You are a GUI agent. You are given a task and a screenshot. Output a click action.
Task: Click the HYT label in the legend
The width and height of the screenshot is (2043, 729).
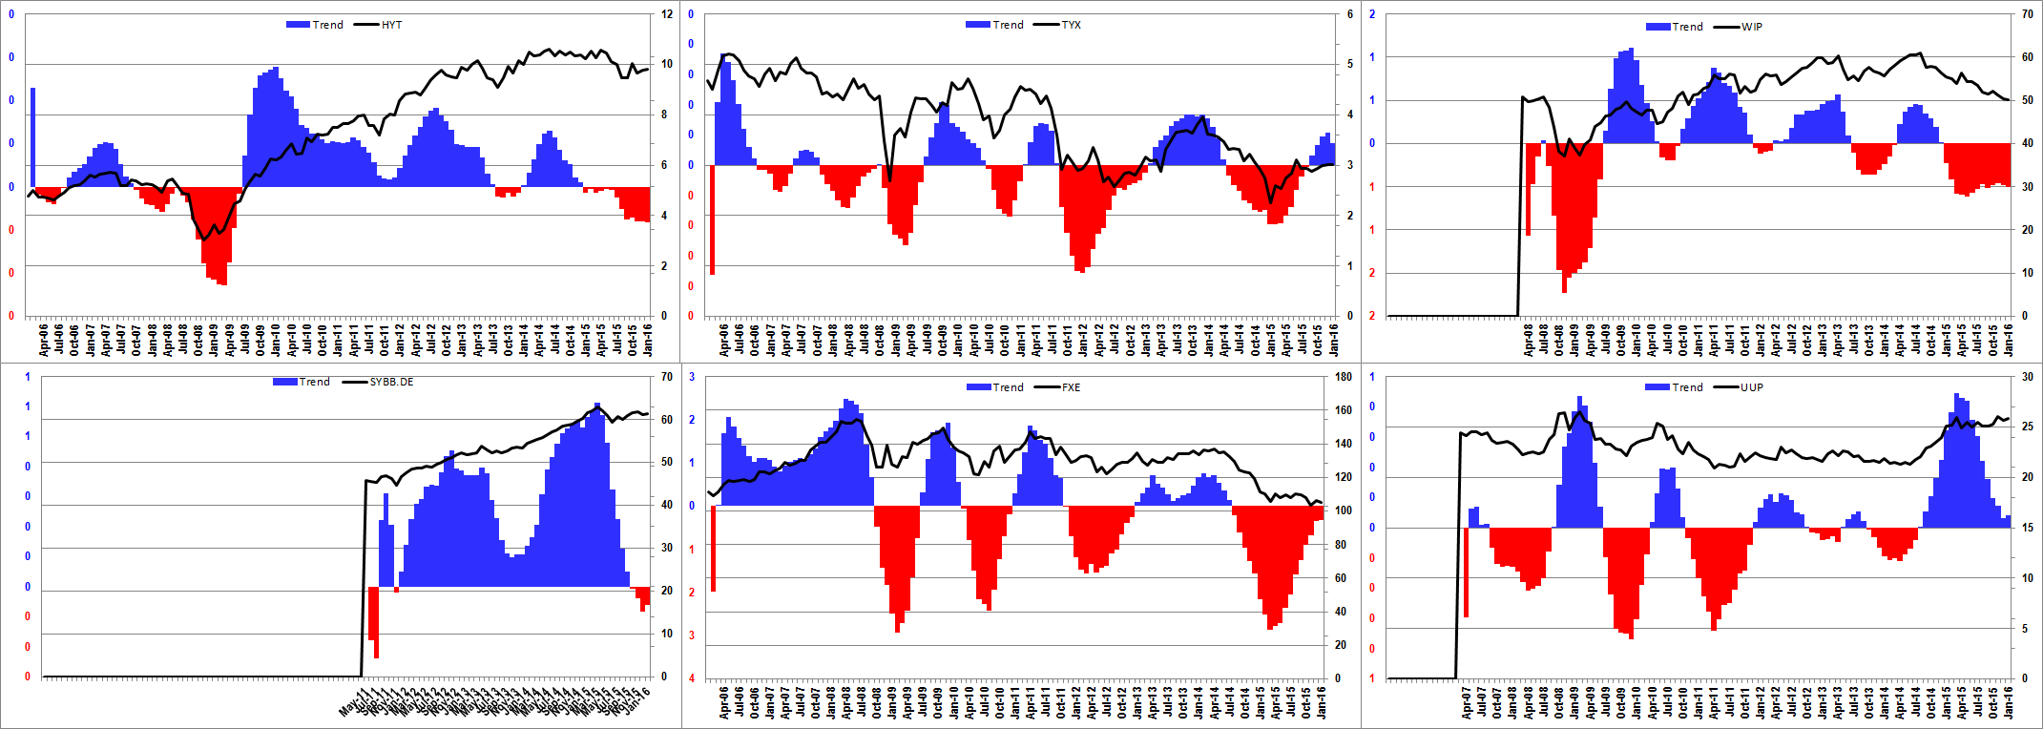pos(391,25)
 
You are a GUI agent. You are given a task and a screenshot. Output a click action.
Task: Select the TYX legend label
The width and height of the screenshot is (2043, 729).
pos(1071,25)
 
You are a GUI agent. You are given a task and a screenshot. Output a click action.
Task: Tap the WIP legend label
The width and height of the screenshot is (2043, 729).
pos(1752,27)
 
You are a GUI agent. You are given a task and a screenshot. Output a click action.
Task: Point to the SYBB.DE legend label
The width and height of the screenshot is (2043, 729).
pos(391,382)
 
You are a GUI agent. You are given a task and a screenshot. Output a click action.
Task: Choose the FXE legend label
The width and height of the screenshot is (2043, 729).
pos(1071,387)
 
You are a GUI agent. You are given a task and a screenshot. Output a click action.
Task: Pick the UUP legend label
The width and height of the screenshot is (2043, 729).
pos(1752,387)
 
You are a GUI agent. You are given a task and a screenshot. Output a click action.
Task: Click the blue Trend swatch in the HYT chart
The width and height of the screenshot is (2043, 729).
pos(298,25)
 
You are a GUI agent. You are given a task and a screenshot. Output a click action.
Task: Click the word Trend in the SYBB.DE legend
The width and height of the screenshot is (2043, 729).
pos(315,382)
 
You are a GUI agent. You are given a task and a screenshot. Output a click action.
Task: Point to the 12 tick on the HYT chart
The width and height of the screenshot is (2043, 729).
pos(667,14)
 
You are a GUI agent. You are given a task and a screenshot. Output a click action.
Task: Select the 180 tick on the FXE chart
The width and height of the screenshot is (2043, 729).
pos(1344,377)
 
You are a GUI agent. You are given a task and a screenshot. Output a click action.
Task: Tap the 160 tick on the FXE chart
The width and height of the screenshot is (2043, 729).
pos(1344,410)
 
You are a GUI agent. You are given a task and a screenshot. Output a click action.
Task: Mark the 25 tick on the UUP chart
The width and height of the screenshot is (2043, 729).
pos(2027,427)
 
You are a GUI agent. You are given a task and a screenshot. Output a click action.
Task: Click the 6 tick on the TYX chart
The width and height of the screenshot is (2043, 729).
pos(1350,14)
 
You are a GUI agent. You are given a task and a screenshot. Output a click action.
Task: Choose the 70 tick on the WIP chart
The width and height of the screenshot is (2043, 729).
pos(2027,14)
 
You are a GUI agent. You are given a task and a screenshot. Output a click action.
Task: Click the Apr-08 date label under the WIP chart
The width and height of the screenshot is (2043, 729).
pos(1529,340)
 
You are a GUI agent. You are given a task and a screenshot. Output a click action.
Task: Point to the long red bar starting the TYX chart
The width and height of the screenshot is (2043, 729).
pos(712,219)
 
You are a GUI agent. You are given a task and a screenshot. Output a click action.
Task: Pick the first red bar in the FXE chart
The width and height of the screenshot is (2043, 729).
pos(713,549)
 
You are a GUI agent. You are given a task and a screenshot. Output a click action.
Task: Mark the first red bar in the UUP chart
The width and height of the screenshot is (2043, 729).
pos(1466,573)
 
